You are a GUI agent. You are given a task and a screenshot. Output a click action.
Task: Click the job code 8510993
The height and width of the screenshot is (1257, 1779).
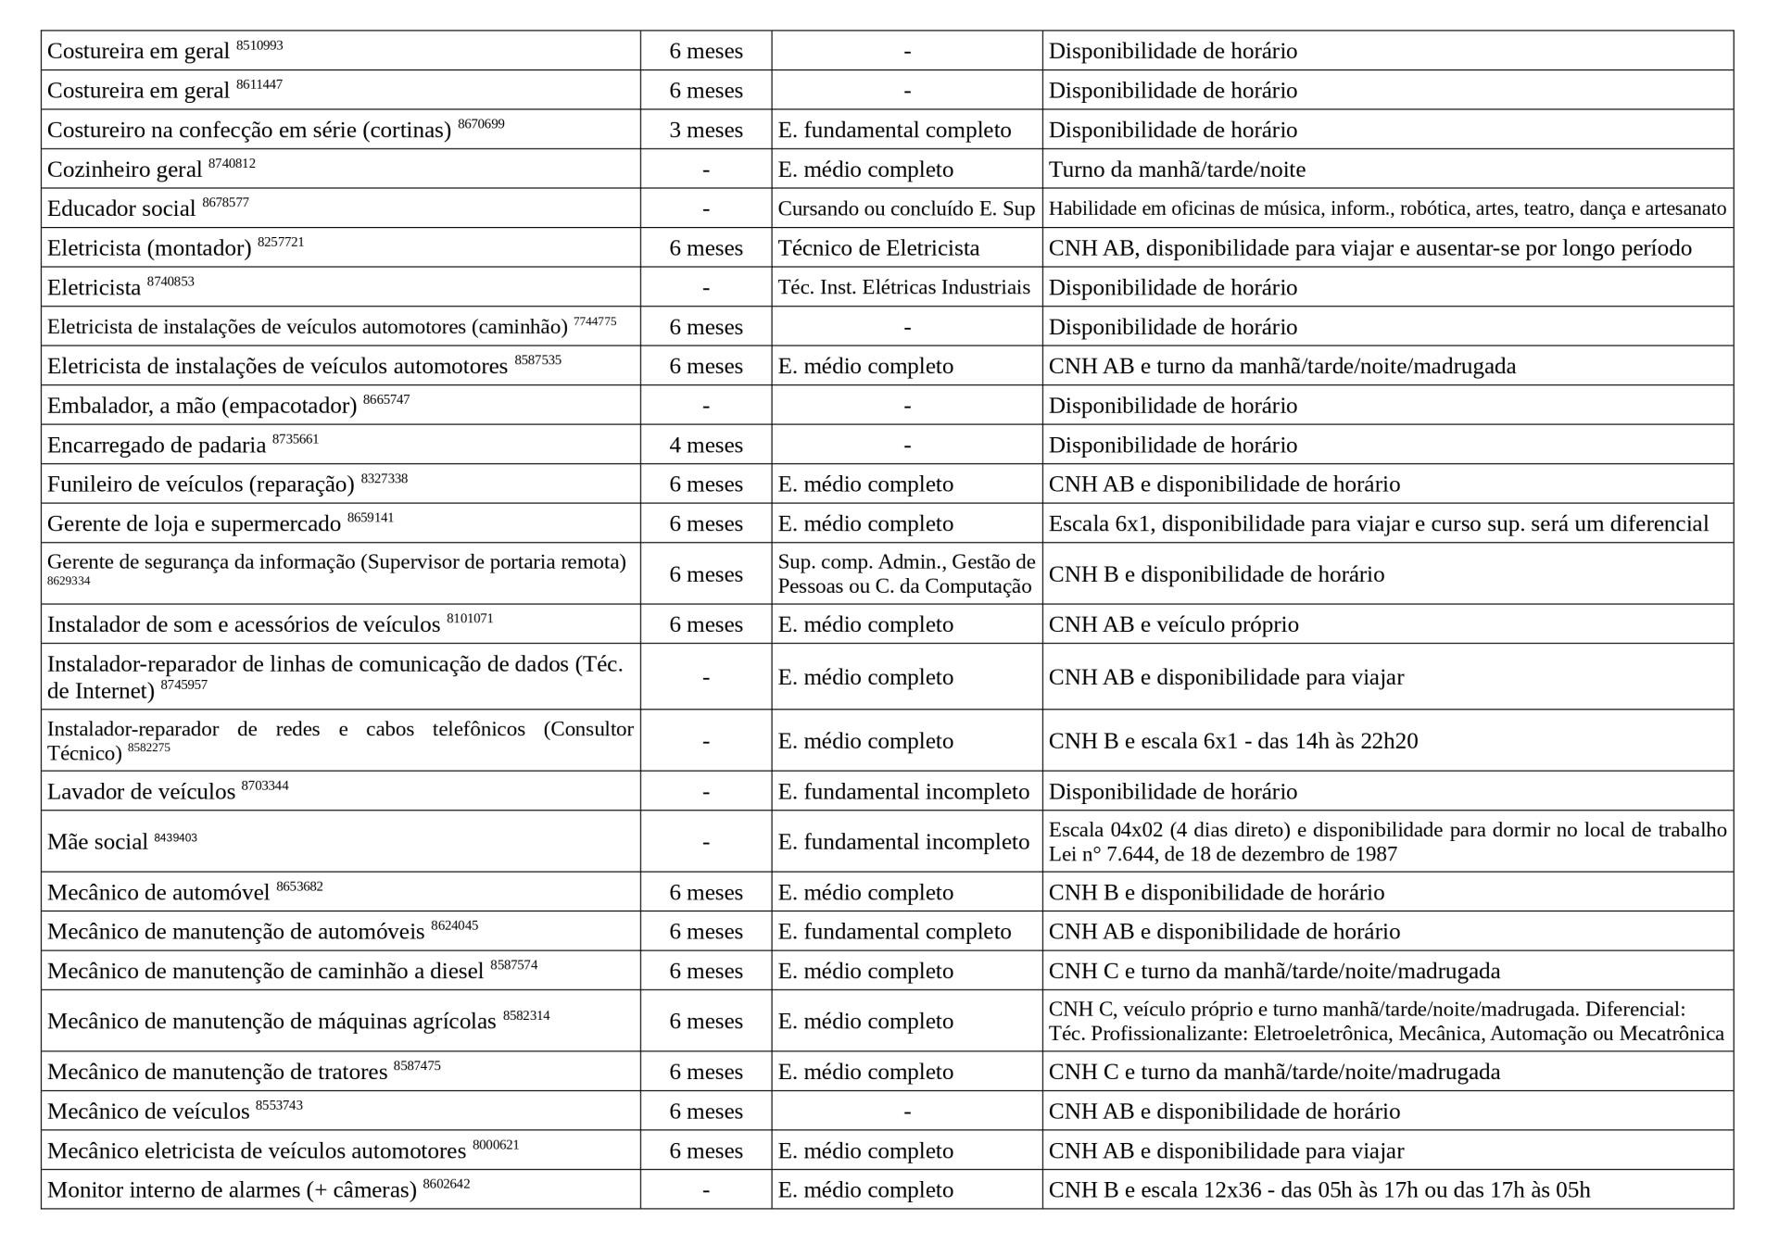pos(259,45)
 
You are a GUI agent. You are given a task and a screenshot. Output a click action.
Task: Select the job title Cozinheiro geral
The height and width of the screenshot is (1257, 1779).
pos(124,170)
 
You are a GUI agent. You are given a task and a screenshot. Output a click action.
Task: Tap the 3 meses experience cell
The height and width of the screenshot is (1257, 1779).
pos(706,131)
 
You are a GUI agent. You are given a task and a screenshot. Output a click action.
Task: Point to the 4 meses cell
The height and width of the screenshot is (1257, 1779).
pos(706,446)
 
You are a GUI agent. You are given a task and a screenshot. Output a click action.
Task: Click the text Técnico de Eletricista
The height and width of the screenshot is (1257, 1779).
pos(878,248)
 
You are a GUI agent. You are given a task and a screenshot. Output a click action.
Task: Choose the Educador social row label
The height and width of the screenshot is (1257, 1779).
pos(121,209)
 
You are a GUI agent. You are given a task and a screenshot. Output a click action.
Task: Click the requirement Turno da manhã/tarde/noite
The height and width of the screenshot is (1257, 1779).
pos(1177,170)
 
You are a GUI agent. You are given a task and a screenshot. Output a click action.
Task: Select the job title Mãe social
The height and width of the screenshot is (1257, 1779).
pos(97,842)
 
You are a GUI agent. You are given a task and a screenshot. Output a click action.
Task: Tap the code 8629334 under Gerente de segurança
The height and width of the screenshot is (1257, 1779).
pos(69,582)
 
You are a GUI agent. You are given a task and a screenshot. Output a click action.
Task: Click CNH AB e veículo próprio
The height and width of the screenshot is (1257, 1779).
pos(1173,624)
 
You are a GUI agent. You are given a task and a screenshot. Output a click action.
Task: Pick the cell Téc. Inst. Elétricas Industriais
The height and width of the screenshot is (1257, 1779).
pos(903,287)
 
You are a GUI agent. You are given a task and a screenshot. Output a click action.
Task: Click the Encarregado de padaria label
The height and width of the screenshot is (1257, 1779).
pos(157,446)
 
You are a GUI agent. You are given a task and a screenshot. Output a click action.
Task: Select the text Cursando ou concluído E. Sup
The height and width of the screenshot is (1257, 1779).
pos(905,209)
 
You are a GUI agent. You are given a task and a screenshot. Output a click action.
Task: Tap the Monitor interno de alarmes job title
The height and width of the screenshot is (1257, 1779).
pos(232,1190)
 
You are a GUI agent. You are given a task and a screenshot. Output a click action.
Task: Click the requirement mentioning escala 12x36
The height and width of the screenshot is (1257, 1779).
pos(1318,1190)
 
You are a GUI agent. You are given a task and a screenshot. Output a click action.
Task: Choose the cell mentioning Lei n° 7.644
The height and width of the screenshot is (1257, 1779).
pos(1222,854)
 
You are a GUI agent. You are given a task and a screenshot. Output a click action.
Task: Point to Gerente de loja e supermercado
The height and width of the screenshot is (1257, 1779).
pos(194,524)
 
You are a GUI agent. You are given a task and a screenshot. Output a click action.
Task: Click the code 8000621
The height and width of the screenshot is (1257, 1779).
pos(496,1145)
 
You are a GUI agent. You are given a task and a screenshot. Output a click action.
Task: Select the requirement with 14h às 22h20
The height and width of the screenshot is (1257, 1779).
pos(1232,741)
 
